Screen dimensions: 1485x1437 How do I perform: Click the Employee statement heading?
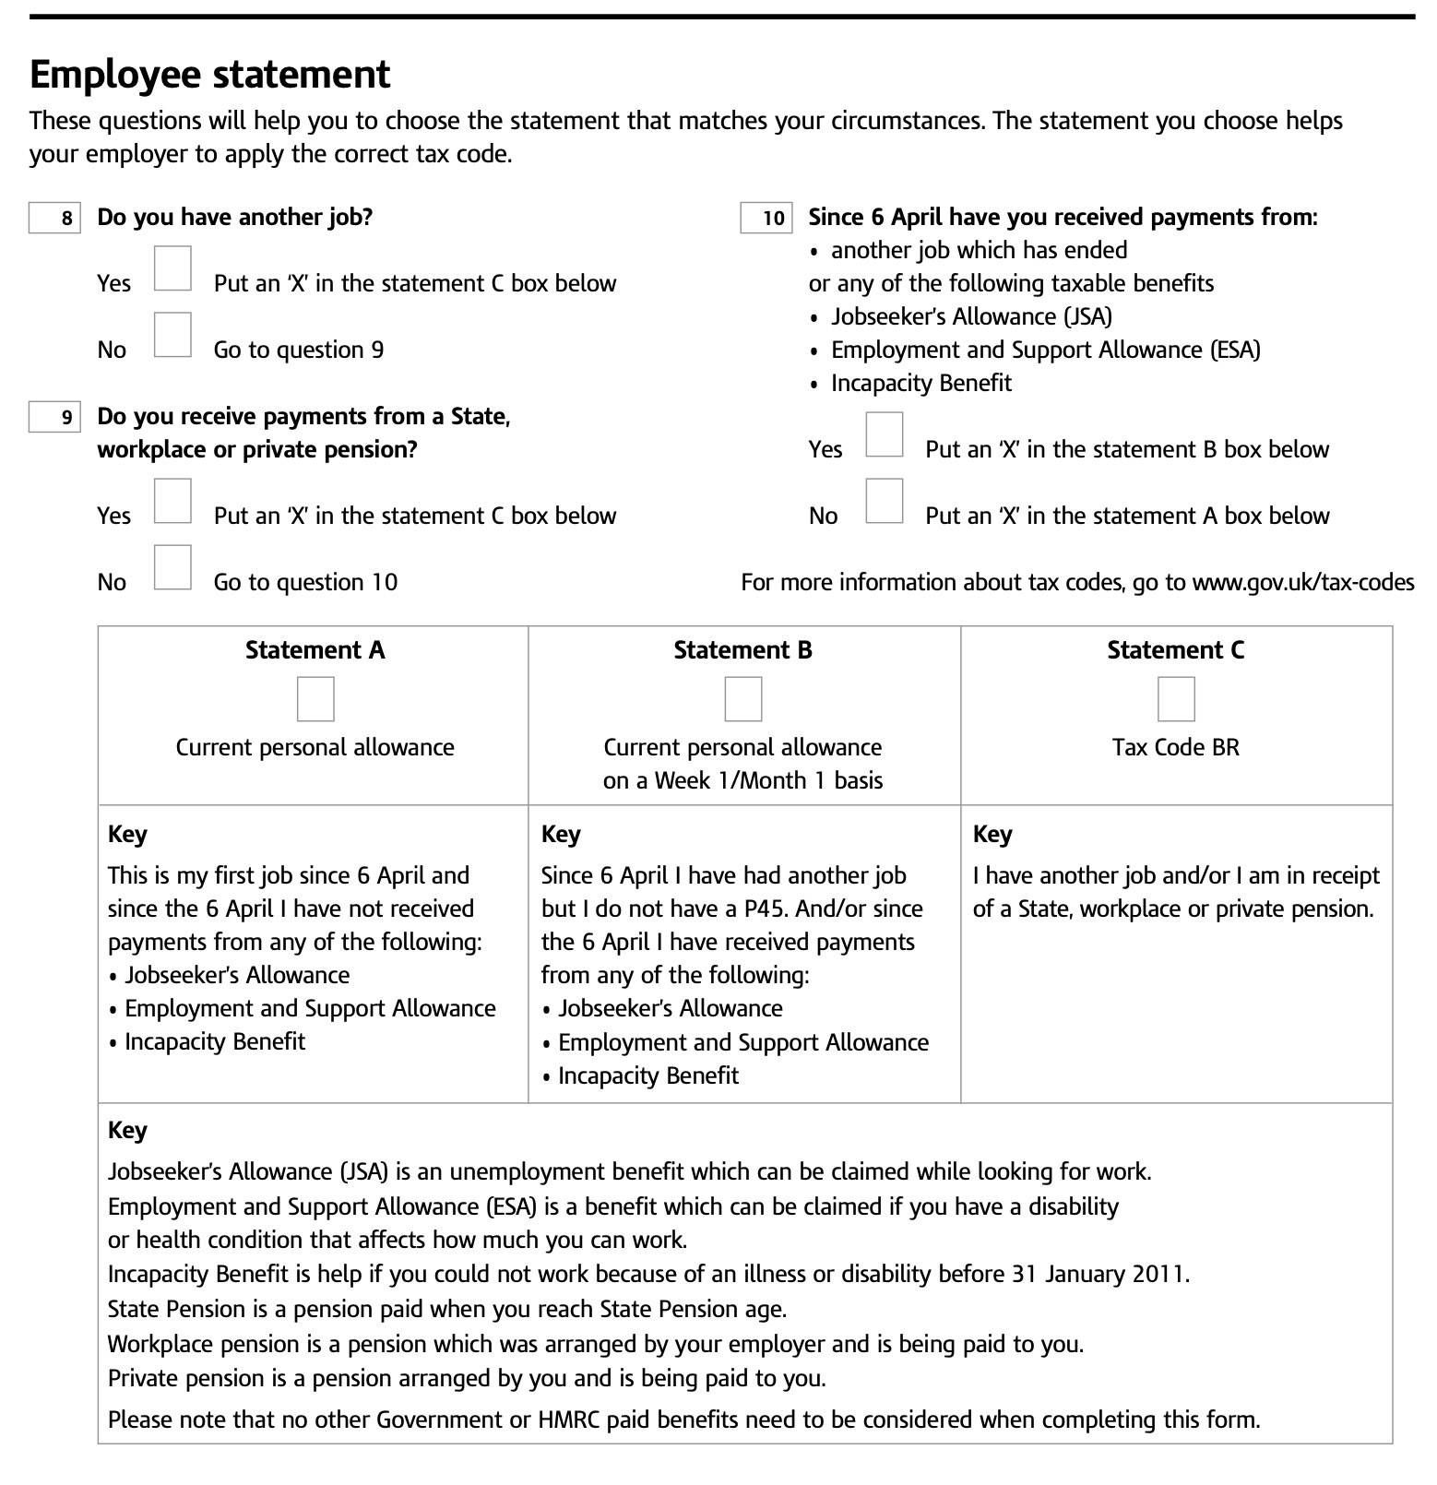coord(210,75)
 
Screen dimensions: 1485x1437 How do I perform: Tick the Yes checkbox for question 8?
coord(172,268)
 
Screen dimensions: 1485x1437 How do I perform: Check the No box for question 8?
coord(172,335)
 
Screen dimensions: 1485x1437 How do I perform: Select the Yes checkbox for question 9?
coord(172,501)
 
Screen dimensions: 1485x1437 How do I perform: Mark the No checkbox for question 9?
coord(172,567)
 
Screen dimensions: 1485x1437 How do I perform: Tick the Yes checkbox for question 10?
coord(885,434)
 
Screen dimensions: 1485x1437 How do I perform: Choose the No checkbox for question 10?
coord(885,501)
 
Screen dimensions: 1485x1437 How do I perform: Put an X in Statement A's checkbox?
coord(315,699)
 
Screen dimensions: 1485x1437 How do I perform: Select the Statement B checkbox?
coord(743,699)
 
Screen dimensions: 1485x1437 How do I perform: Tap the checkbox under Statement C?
coord(1176,699)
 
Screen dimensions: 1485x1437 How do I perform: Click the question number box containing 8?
coord(54,218)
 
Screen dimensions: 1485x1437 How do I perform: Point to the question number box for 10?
coord(766,218)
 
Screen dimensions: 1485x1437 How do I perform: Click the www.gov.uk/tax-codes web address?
coord(1302,583)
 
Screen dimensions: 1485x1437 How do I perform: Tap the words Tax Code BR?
coord(1176,747)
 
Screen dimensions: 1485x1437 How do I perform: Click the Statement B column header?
coord(743,650)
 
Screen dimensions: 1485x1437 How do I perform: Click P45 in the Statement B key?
coord(765,909)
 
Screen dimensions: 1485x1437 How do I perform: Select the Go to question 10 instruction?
coord(305,583)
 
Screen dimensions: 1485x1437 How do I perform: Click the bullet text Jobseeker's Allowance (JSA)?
coord(971,317)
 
